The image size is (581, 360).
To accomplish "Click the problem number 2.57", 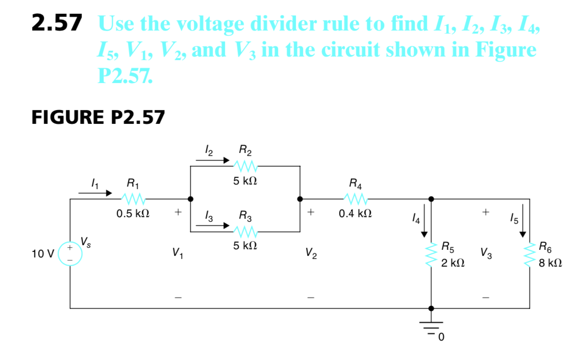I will click(56, 23).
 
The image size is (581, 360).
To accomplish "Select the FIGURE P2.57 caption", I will click(98, 117).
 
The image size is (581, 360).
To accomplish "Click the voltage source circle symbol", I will click(69, 253).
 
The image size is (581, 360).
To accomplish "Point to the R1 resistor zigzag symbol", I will click(134, 198).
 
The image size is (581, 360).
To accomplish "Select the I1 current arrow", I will click(95, 193).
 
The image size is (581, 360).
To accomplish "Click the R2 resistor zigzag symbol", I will click(245, 166).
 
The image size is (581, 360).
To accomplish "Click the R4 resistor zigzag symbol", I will click(356, 198).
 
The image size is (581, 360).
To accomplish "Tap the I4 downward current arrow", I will click(424, 224).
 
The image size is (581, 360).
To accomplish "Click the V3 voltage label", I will click(486, 253).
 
